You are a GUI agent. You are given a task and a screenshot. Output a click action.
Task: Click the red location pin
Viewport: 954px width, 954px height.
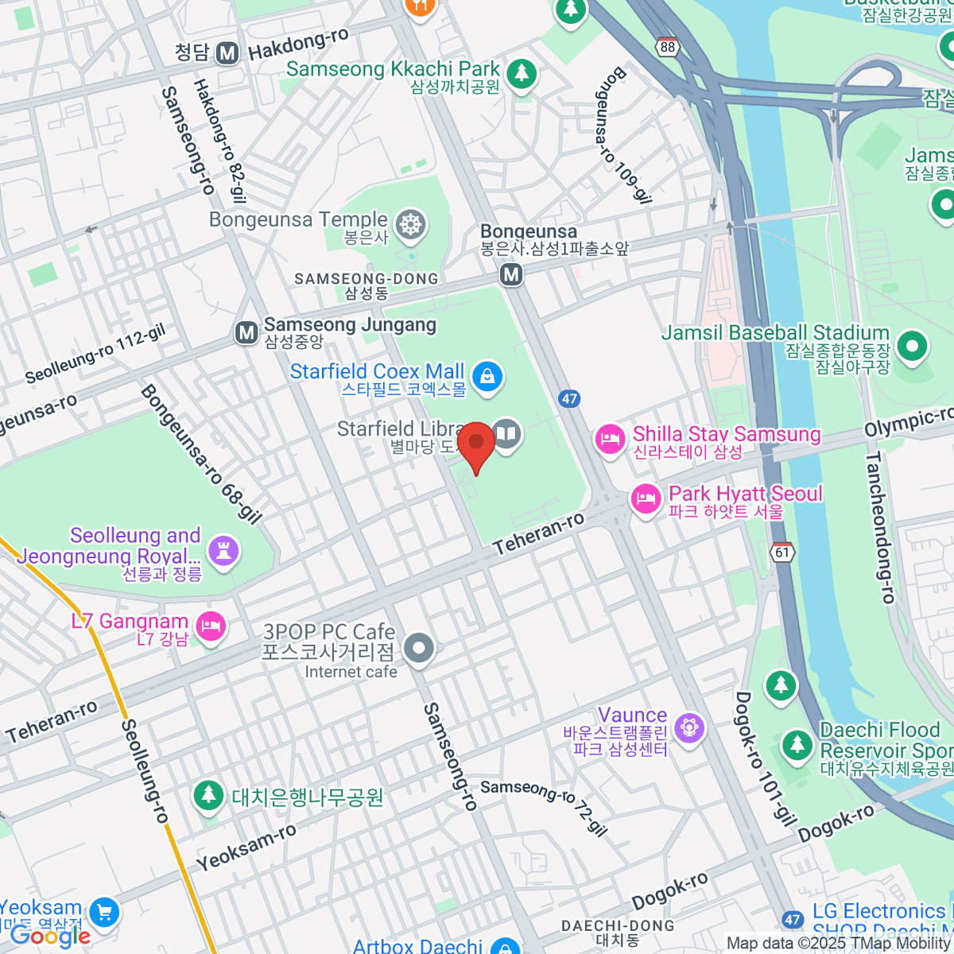[x=476, y=444]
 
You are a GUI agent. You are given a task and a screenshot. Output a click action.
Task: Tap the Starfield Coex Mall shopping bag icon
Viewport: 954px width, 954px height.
[x=487, y=376]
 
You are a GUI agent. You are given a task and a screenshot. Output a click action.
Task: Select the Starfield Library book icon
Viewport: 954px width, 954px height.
[x=506, y=434]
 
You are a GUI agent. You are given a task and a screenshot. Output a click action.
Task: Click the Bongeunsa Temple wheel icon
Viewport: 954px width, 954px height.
[x=410, y=224]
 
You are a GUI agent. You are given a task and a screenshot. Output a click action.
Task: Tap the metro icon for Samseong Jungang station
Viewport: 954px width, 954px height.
[x=246, y=332]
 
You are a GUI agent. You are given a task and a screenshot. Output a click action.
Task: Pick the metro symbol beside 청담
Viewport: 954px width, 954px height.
[x=228, y=53]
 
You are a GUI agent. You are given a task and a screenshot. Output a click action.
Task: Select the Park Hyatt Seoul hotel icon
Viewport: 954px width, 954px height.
[x=646, y=499]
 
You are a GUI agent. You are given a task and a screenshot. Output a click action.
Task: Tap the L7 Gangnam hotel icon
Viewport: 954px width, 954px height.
[x=211, y=626]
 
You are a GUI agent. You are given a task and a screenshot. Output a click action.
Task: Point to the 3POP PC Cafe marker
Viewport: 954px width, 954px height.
[x=418, y=649]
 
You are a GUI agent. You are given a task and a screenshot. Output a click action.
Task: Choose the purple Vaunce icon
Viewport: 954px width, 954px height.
[x=688, y=727]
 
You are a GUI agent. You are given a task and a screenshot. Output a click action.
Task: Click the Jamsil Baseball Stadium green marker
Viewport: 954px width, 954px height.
[x=911, y=346]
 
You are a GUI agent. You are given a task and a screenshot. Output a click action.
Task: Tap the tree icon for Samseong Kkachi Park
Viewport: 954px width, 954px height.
[x=522, y=73]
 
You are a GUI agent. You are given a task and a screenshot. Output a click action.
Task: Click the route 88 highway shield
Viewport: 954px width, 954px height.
[x=668, y=47]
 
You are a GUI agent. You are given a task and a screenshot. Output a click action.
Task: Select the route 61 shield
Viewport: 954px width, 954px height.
[x=783, y=552]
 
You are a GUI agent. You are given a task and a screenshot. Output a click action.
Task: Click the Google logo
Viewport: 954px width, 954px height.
[x=50, y=937]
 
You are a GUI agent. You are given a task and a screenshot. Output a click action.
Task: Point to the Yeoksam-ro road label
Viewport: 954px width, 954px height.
[x=246, y=847]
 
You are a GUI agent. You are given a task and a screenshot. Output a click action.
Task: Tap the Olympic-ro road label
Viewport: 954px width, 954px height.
[x=908, y=423]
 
